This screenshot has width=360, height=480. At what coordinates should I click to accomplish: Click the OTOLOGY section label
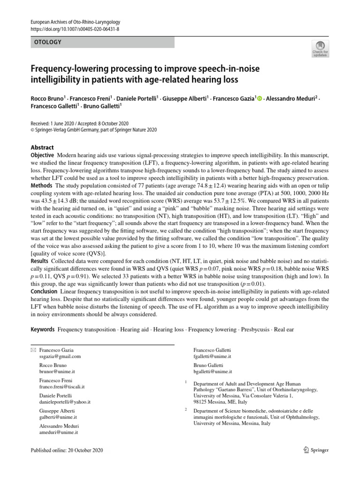pyautogui.click(x=48, y=42)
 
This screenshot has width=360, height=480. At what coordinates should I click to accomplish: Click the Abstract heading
pyautogui.click(x=42, y=147)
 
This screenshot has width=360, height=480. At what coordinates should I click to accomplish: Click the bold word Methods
pyautogui.click(x=41, y=187)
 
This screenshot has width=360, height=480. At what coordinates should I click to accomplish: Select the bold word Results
pyautogui.click(x=40, y=260)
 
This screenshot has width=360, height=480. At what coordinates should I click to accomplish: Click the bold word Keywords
pyautogui.click(x=43, y=330)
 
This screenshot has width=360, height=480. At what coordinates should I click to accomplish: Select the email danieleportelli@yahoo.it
pyautogui.click(x=65, y=402)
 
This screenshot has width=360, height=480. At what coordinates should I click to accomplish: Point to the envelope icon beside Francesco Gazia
pyautogui.click(x=33, y=350)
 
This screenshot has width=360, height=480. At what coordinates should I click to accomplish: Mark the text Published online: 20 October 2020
pyautogui.click(x=66, y=450)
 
